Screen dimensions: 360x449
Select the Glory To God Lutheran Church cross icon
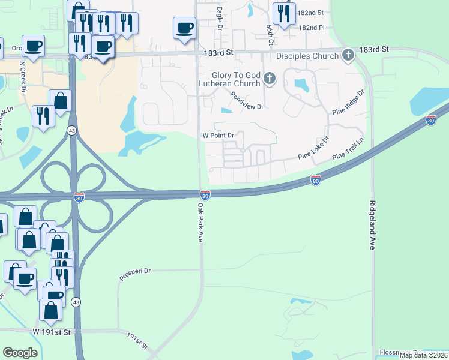tap(270, 77)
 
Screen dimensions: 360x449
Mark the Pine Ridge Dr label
tap(348, 103)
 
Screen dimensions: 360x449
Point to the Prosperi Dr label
tap(134, 271)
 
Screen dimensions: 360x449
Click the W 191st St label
tap(52, 331)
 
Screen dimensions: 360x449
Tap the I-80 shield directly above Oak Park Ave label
tap(205, 194)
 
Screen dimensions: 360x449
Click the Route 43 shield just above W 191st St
tap(74, 301)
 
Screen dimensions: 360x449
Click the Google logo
tap(20, 353)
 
